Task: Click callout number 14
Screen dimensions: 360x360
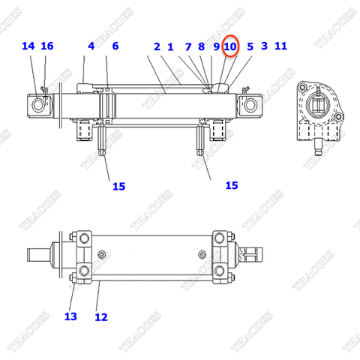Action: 28,46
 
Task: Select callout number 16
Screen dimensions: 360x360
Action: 47,46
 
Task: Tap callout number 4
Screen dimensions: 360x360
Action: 91,46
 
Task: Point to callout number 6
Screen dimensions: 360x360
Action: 115,46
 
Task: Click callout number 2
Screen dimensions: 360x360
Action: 157,46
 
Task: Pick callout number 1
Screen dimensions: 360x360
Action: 171,46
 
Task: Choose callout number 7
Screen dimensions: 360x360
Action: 188,46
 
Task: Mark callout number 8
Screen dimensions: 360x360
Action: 201,46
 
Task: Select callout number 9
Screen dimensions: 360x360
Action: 216,46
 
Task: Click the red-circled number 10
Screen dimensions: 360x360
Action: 230,46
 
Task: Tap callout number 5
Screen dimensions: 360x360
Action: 250,46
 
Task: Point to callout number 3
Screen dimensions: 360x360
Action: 264,46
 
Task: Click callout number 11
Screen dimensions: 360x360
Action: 281,46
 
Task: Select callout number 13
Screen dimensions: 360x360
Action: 70,316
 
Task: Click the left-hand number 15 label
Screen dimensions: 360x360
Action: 118,186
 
